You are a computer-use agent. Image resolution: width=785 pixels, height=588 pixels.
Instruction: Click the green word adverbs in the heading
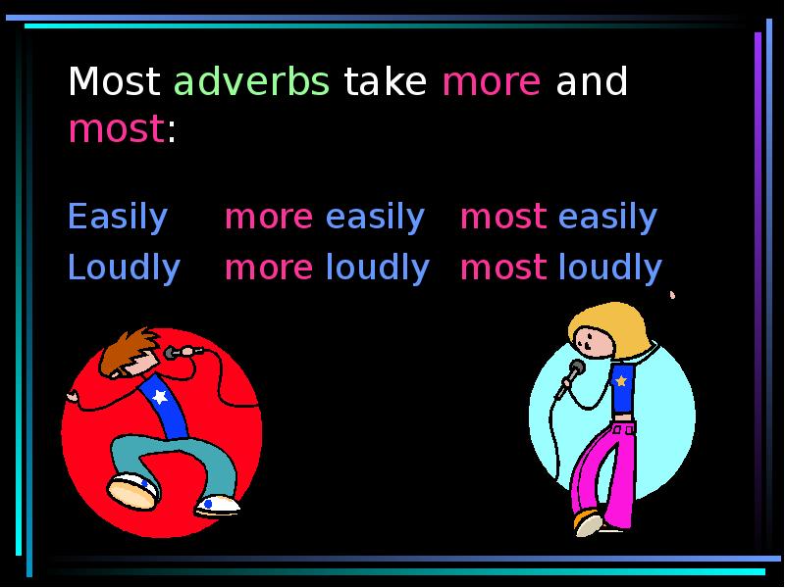coord(251,83)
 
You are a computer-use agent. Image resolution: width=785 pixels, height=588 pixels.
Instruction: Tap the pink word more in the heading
coord(491,83)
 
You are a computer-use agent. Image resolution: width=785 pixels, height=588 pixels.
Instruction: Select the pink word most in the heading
coord(115,129)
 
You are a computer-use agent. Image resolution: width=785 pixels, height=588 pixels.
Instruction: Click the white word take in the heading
coord(385,83)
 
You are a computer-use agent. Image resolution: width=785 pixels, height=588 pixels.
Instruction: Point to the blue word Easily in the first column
coord(117,218)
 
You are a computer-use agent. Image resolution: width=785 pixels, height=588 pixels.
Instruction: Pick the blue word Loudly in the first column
coord(124,267)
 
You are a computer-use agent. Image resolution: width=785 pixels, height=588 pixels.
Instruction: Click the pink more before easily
coord(269,218)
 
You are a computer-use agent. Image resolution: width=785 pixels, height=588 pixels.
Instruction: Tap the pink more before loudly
coord(269,267)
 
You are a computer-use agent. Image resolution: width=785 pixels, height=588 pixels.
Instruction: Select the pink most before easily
coord(502,218)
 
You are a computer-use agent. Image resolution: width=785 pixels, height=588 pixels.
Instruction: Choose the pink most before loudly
coord(502,267)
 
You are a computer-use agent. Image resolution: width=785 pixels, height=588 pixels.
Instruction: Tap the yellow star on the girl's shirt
coord(620,378)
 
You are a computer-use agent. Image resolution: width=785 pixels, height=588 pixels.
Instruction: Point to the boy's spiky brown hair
coord(127,345)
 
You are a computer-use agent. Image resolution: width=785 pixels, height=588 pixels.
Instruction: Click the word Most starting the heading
coord(114,83)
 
